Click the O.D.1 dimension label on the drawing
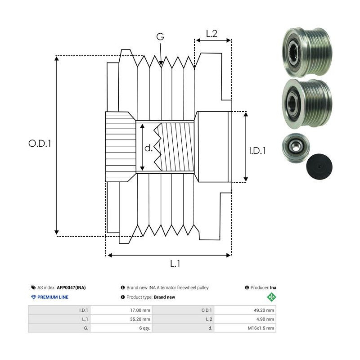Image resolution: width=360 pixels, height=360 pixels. [40, 144]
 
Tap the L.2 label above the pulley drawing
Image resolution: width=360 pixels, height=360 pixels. [211, 33]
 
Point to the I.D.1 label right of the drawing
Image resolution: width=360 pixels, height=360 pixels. [257, 151]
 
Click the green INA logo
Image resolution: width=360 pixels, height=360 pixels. [271, 297]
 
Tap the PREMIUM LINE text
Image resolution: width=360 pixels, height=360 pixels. [53, 297]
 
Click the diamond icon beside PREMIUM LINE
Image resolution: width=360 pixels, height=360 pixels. [33, 297]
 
